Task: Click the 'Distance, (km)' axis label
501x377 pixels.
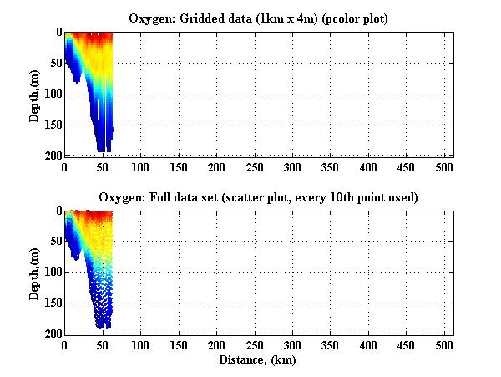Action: [x=258, y=360]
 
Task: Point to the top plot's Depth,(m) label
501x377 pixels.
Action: [x=34, y=94]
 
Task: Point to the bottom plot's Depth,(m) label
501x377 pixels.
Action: [x=34, y=273]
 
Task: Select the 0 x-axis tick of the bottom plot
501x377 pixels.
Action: [x=64, y=346]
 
